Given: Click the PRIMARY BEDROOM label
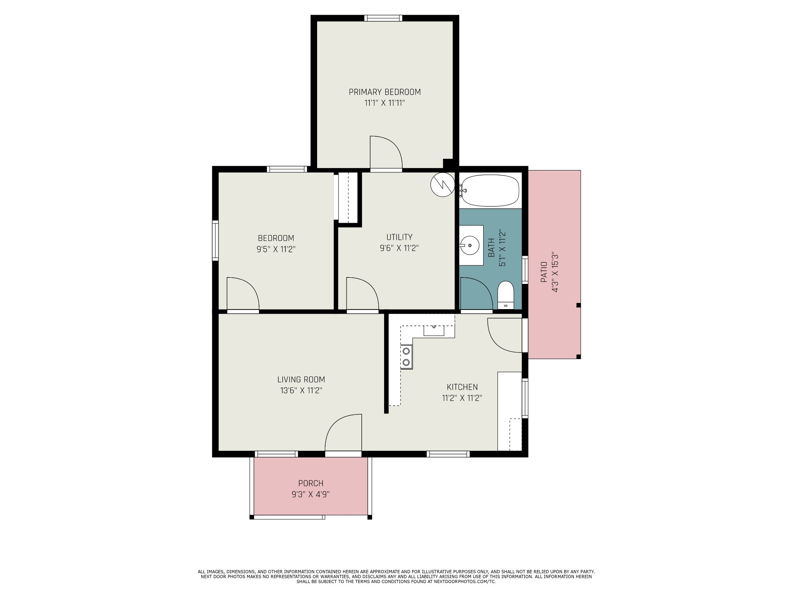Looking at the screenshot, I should tap(384, 92).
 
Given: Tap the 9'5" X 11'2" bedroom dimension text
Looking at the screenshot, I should tap(276, 249).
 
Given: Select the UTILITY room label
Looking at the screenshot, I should tap(399, 237).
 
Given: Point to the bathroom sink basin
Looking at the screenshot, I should tap(469, 246).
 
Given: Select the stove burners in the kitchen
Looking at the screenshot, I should tap(406, 357).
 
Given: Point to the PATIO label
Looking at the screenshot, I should tap(544, 272).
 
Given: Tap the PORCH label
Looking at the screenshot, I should tap(311, 483).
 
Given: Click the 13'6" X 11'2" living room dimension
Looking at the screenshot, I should tap(301, 390).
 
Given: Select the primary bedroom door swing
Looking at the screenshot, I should tap(386, 153).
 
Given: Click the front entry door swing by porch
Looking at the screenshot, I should tap(343, 433).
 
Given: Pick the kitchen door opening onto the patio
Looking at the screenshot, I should tap(504, 335).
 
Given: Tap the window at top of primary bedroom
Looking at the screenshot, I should tap(383, 18).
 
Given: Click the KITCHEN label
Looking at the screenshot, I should tap(462, 387).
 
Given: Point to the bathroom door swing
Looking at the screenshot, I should tap(475, 294).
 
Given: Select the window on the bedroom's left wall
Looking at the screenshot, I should tap(215, 240).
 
